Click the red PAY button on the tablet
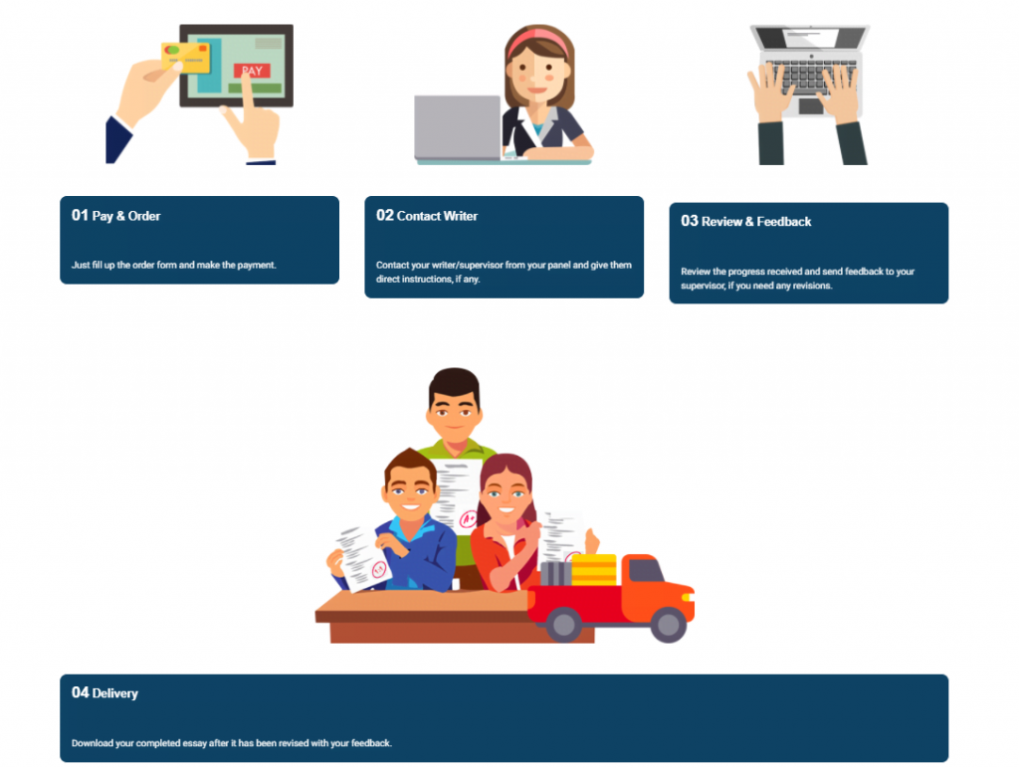252,71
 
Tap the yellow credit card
186,57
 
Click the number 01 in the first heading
80,215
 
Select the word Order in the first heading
143,216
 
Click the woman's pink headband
538,39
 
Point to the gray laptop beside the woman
458,127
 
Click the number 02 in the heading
385,215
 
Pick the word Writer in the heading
460,216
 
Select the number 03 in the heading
690,221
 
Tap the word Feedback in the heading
784,222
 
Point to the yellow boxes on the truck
594,570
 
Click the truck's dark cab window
645,570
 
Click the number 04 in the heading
80,692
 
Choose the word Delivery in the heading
115,693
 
